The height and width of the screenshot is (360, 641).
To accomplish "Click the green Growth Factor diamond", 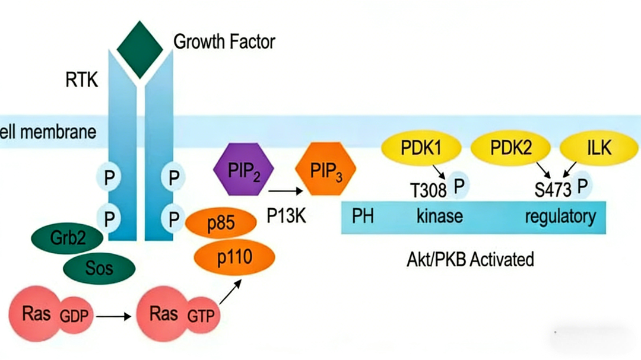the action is [140, 49].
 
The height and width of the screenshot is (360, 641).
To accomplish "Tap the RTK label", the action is [82, 79].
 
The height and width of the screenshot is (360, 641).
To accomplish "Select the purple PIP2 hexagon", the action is [244, 169].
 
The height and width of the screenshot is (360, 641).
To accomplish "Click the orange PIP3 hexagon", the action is [325, 169].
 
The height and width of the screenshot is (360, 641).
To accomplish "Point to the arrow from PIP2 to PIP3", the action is [285, 191].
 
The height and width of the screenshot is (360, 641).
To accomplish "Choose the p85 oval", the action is [221, 222].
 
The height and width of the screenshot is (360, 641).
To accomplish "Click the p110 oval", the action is [234, 257].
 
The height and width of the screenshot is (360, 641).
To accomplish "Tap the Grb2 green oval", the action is [68, 238].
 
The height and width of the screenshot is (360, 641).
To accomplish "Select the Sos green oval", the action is [99, 268].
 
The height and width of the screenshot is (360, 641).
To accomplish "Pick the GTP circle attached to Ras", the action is [201, 316].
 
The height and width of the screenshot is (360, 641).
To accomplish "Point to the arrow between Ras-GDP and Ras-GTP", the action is [113, 316].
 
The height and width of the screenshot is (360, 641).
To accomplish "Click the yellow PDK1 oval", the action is [421, 148].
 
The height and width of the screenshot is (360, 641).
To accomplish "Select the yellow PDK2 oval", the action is [510, 148].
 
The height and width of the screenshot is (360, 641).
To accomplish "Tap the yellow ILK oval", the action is [599, 148].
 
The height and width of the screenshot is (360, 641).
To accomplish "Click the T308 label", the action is [428, 190].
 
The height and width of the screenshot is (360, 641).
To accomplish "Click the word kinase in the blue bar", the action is [440, 216].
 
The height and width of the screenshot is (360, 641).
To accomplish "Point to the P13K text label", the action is [286, 216].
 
